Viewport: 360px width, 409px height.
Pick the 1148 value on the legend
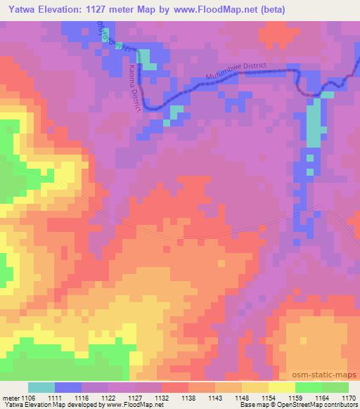click(x=242, y=397)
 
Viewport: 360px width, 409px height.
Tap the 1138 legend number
click(x=188, y=397)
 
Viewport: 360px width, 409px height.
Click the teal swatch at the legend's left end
click(x=41, y=387)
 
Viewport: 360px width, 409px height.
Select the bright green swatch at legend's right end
click(x=335, y=387)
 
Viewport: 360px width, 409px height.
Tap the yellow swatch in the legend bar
click(x=282, y=387)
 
